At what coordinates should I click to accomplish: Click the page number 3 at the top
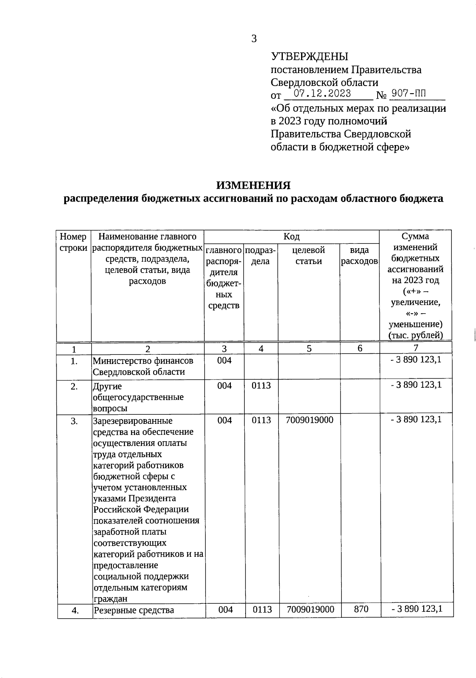(x=254, y=39)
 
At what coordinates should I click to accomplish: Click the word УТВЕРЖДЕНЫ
(x=309, y=57)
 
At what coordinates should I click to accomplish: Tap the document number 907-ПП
(x=408, y=94)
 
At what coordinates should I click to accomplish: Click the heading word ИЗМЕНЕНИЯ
(x=253, y=185)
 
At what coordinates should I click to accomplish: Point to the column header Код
(x=291, y=237)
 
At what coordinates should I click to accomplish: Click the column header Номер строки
(x=73, y=242)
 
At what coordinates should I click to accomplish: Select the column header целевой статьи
(x=308, y=255)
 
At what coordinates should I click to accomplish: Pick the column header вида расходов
(x=359, y=255)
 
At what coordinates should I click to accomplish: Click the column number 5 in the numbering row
(x=309, y=349)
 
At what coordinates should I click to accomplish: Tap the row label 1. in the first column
(x=74, y=361)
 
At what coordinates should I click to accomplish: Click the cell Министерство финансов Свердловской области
(x=143, y=366)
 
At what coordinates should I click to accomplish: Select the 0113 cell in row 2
(x=261, y=385)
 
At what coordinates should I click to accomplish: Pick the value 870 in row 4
(x=361, y=609)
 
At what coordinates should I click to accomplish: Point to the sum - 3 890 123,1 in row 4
(x=416, y=609)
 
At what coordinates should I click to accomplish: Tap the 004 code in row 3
(x=225, y=420)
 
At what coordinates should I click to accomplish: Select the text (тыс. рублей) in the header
(x=415, y=335)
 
